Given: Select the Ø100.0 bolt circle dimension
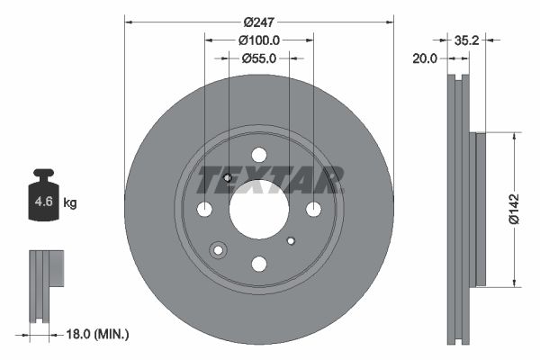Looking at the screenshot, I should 259,40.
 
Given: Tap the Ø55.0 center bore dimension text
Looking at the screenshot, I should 259,58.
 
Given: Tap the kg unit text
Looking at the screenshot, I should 70,203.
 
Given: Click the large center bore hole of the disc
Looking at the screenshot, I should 258,209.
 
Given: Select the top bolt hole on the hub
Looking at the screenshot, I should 258,155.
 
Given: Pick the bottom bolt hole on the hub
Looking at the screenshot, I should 258,264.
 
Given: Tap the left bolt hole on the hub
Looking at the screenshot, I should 204,209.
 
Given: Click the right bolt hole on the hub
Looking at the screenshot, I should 313,209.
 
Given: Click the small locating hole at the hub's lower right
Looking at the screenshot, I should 291,240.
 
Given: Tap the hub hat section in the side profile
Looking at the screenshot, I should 479,209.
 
